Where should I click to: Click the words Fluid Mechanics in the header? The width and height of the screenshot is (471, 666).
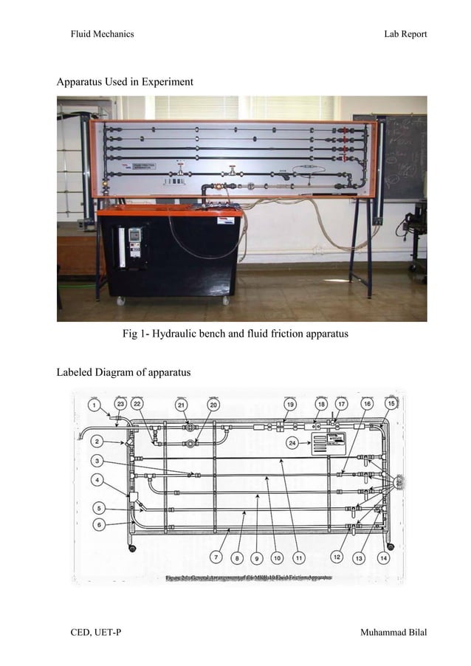click(102, 35)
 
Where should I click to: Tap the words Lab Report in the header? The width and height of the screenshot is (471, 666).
click(405, 35)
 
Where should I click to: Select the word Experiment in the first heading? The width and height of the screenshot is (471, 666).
click(168, 81)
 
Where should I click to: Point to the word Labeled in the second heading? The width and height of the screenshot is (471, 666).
click(77, 372)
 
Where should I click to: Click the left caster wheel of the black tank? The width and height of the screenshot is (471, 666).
click(117, 300)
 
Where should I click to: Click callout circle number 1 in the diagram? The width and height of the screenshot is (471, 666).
click(95, 405)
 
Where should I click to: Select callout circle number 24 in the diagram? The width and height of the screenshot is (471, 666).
click(293, 442)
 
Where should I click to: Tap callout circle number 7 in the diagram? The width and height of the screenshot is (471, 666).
click(217, 557)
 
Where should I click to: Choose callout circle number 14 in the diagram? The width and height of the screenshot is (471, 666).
click(383, 558)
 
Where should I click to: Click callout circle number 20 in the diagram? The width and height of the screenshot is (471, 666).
click(213, 405)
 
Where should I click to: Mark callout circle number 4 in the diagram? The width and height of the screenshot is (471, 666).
click(97, 481)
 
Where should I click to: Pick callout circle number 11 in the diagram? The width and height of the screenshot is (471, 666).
click(299, 557)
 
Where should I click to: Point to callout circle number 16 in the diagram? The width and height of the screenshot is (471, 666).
click(366, 405)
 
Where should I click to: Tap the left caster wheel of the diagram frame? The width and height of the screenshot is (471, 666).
click(132, 547)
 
